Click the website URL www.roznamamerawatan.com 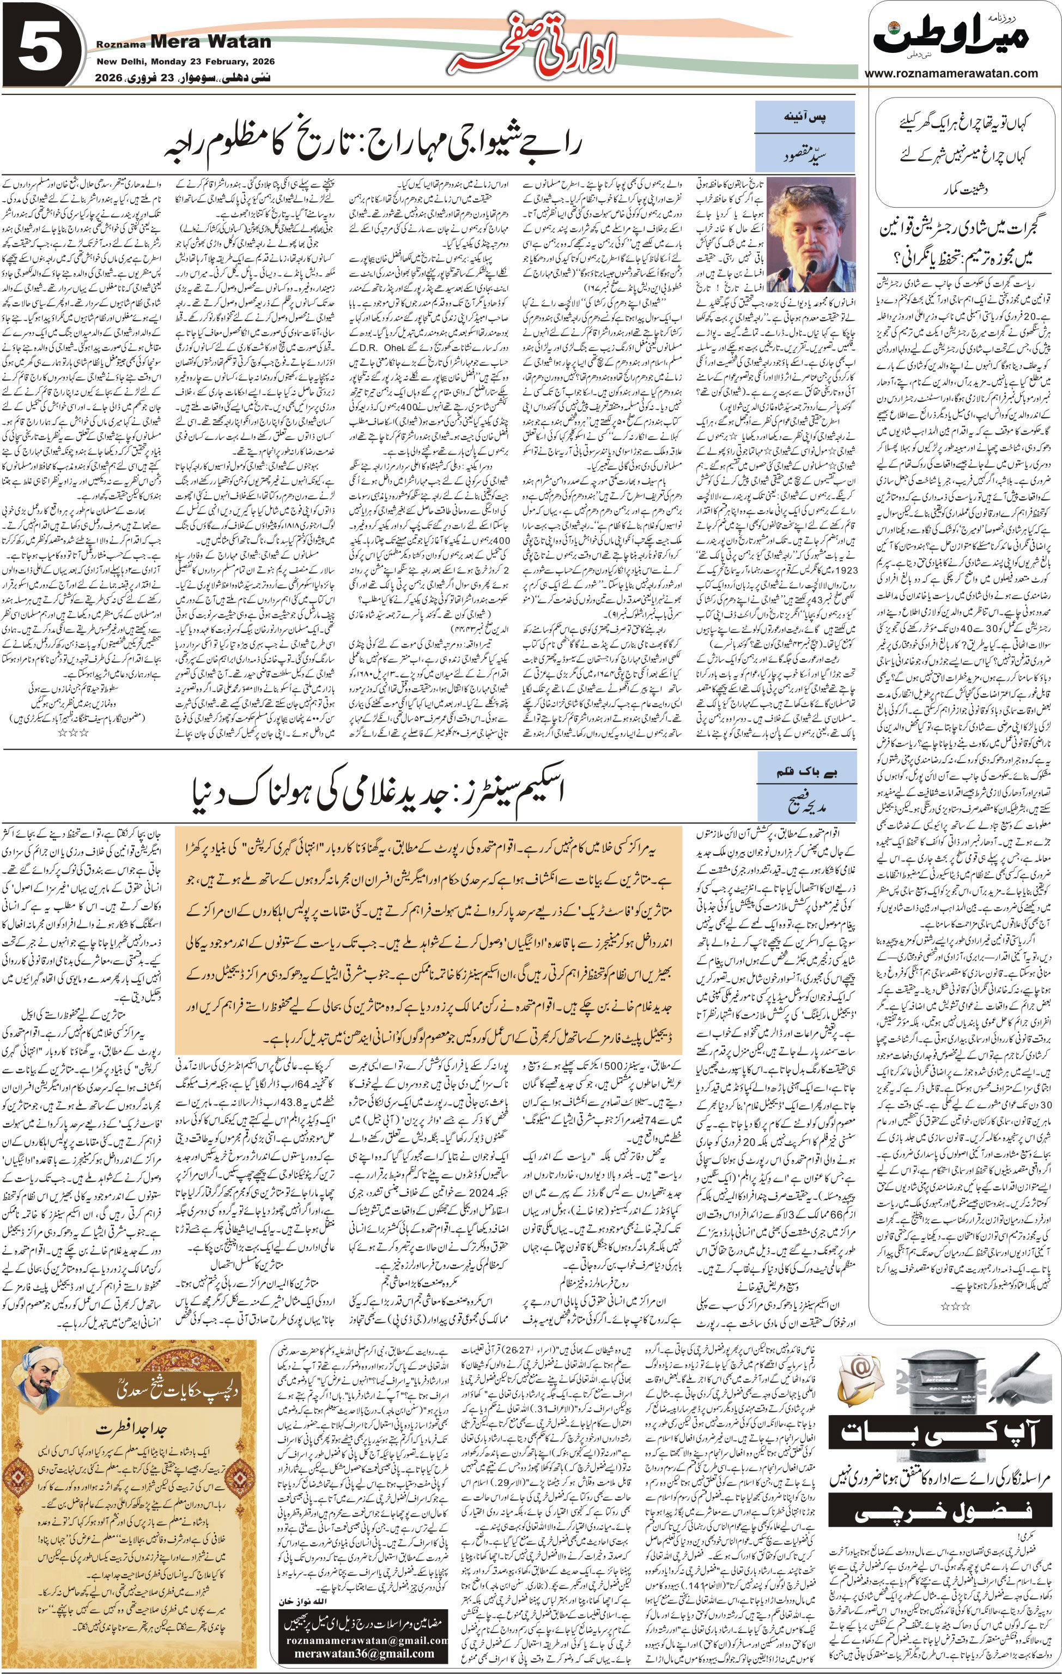click(951, 73)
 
